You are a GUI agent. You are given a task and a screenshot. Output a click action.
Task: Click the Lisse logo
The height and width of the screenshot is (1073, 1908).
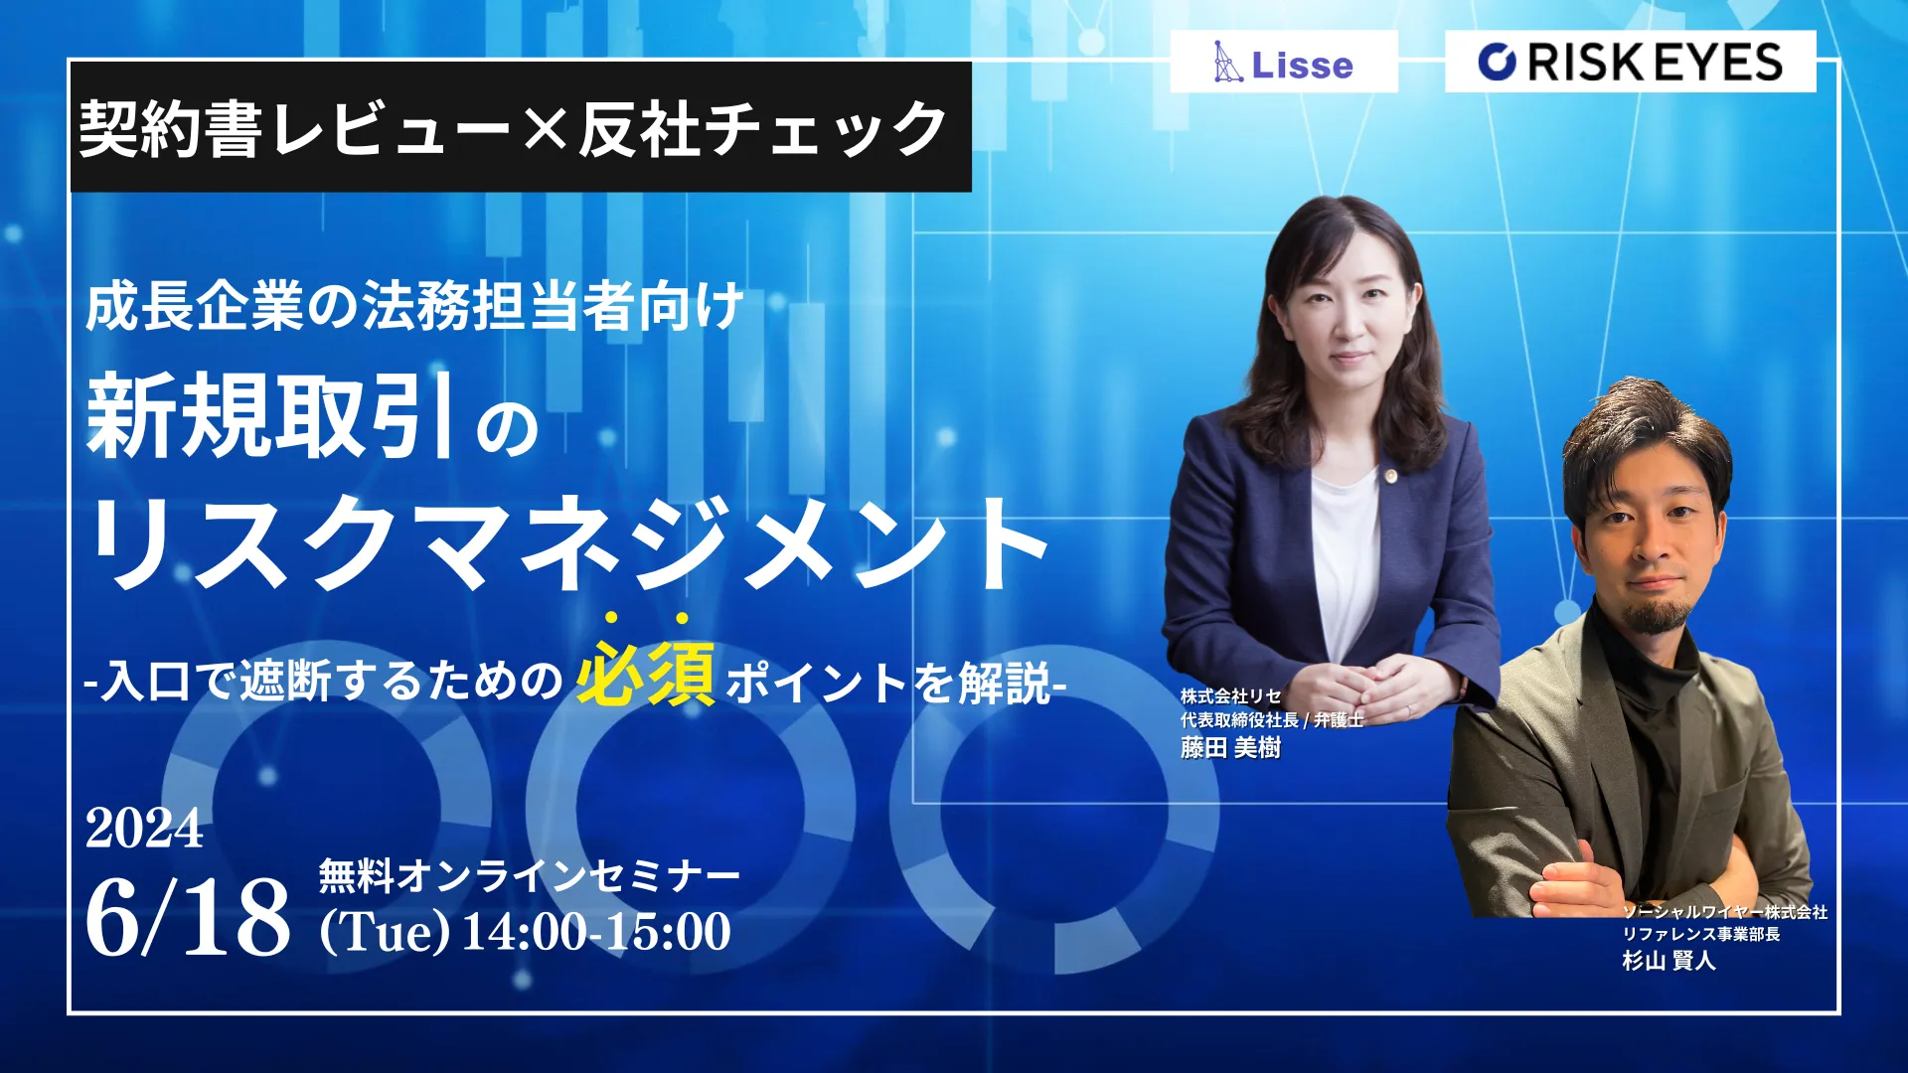click(1283, 62)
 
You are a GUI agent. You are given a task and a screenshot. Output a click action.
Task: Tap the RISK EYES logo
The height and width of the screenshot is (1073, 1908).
click(1630, 62)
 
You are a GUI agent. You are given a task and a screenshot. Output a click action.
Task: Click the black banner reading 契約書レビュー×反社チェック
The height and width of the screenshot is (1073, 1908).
click(521, 127)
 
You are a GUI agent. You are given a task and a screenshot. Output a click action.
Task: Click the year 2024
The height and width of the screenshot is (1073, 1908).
click(144, 828)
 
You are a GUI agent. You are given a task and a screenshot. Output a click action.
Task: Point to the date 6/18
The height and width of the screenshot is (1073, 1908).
click(188, 916)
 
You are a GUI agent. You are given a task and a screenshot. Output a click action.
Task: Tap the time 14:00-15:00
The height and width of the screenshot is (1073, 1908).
click(596, 931)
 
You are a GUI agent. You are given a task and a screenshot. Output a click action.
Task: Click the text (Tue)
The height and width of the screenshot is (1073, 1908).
click(385, 932)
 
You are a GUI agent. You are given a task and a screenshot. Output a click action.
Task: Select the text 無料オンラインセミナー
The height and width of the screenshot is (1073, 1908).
click(530, 876)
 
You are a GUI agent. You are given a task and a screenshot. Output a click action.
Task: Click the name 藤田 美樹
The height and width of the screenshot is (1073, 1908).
click(1230, 747)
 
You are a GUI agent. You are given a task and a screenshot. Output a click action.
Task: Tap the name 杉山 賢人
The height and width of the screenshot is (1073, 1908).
click(1669, 960)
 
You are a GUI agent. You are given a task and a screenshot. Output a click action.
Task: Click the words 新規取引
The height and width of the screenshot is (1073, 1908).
click(270, 415)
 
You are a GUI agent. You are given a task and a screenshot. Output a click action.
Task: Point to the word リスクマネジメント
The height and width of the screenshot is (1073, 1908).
click(567, 542)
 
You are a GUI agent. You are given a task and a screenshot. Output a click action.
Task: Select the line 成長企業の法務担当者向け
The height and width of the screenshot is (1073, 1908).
click(414, 305)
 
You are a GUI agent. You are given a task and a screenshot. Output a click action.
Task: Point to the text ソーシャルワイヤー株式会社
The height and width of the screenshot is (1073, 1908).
click(1724, 912)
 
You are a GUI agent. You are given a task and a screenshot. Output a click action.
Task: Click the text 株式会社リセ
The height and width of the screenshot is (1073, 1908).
click(1230, 696)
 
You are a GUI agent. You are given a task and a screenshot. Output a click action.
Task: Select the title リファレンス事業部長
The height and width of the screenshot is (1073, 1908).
click(1701, 934)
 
